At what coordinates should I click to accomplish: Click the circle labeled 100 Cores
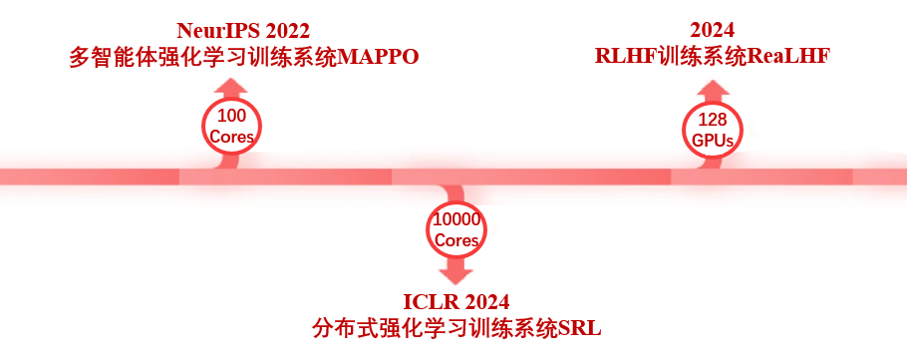coord(231,125)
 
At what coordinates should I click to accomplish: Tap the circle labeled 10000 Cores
coord(456,229)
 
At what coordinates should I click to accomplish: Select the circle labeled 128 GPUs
coord(713,131)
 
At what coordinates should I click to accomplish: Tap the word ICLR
coord(430,301)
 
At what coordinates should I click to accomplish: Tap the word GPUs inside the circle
coord(713,142)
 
